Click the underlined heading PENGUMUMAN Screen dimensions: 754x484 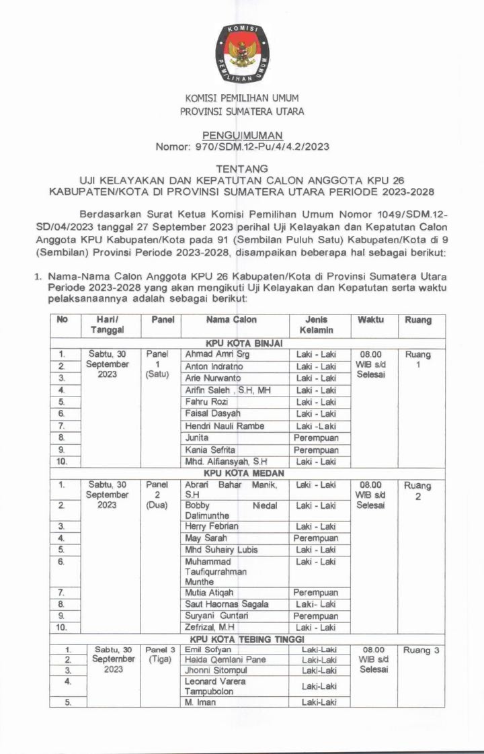(x=242, y=135)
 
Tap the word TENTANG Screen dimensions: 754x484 (x=242, y=168)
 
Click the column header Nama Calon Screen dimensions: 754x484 (x=231, y=320)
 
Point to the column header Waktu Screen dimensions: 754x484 (x=370, y=320)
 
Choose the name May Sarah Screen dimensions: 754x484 (x=206, y=538)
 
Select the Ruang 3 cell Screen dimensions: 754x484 (x=421, y=651)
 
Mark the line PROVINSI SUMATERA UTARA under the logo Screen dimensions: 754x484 (x=242, y=111)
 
